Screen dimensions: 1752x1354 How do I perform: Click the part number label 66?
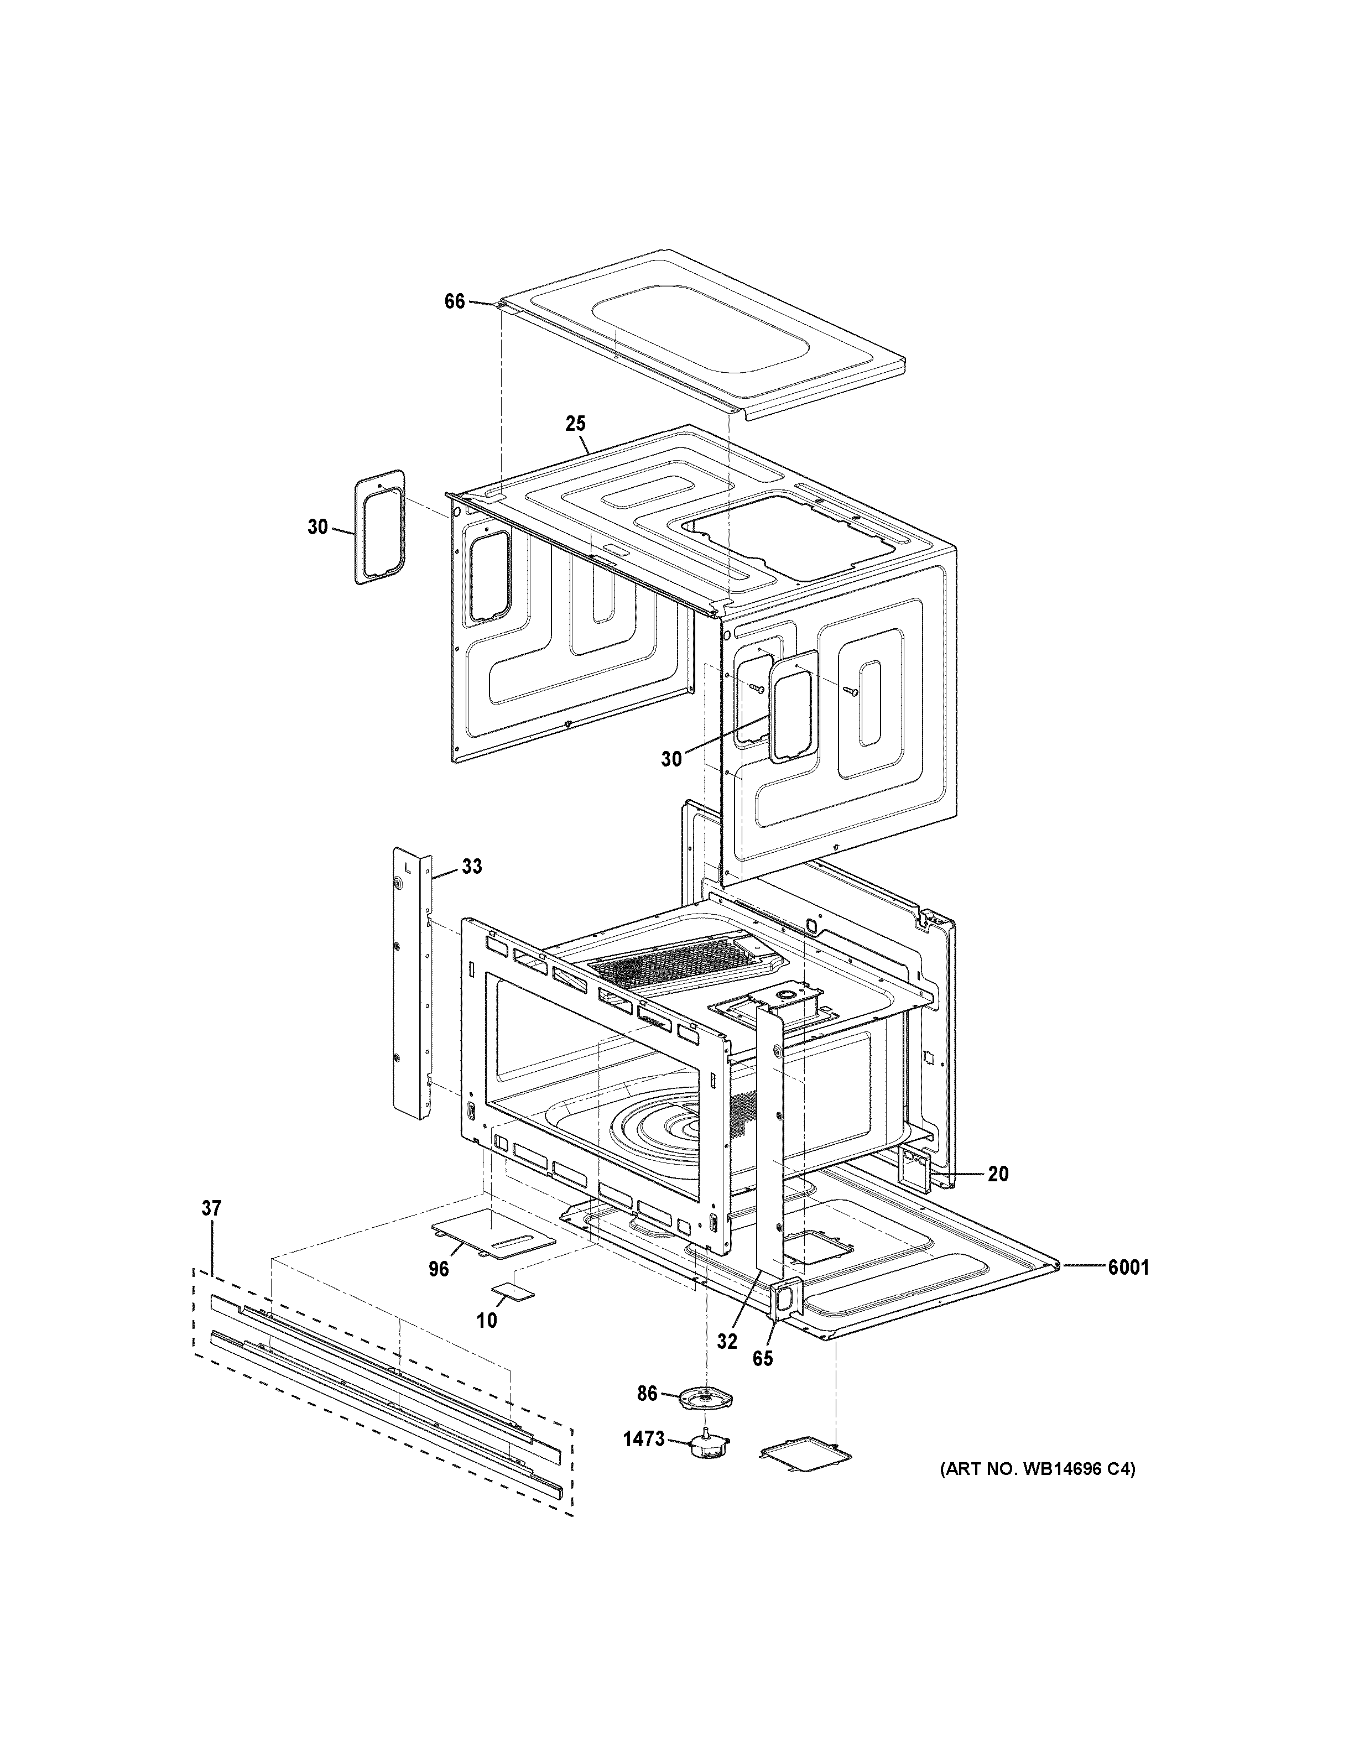click(x=454, y=301)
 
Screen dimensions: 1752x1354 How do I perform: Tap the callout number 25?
click(x=575, y=424)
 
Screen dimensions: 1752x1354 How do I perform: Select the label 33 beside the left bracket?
click(x=472, y=867)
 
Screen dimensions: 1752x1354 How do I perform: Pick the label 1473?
click(x=643, y=1439)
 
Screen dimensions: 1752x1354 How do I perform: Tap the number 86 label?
click(x=647, y=1394)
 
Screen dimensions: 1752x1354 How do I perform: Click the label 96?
click(x=439, y=1268)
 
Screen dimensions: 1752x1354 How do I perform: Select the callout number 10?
click(x=487, y=1320)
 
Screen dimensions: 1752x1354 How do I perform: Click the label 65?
click(x=762, y=1358)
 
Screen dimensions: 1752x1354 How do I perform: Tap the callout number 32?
click(x=727, y=1341)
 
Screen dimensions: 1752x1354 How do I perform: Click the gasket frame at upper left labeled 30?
click(x=380, y=527)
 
